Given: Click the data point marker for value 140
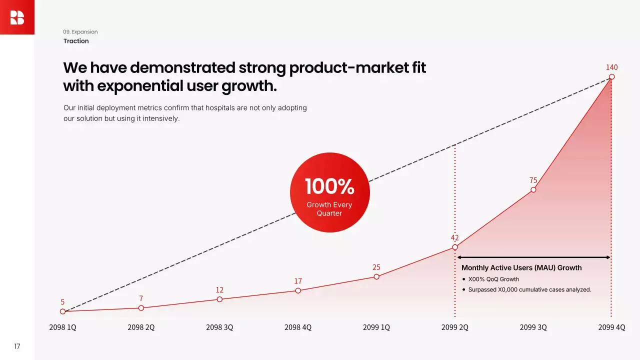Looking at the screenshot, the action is pyautogui.click(x=611, y=76).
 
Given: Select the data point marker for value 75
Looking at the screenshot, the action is pyautogui.click(x=533, y=189).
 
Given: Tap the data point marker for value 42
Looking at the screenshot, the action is pyautogui.click(x=455, y=247).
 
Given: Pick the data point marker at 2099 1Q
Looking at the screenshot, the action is pyautogui.click(x=376, y=276).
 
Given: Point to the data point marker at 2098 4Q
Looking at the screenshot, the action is pyautogui.click(x=298, y=290).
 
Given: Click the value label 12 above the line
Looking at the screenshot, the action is pyautogui.click(x=219, y=289).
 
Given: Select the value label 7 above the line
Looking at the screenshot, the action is pyautogui.click(x=141, y=298).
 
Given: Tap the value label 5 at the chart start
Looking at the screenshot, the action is pyautogui.click(x=62, y=301).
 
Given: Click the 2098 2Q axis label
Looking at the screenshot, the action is pyautogui.click(x=141, y=327).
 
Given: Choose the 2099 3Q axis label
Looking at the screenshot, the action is pyautogui.click(x=533, y=327).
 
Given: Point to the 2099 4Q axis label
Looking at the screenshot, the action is pyautogui.click(x=611, y=327).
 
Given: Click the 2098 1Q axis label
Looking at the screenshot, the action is pyautogui.click(x=62, y=327).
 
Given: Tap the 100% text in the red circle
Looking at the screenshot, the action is pyautogui.click(x=329, y=186).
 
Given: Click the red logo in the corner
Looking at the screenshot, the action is pyautogui.click(x=17, y=17).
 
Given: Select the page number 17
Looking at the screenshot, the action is pyautogui.click(x=17, y=346).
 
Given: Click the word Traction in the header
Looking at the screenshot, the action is pyautogui.click(x=76, y=41).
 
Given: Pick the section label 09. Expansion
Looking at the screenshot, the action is pyautogui.click(x=80, y=31).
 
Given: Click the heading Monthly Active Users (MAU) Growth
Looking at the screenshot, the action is pyautogui.click(x=521, y=267).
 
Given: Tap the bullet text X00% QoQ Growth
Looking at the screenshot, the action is pyautogui.click(x=493, y=279).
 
